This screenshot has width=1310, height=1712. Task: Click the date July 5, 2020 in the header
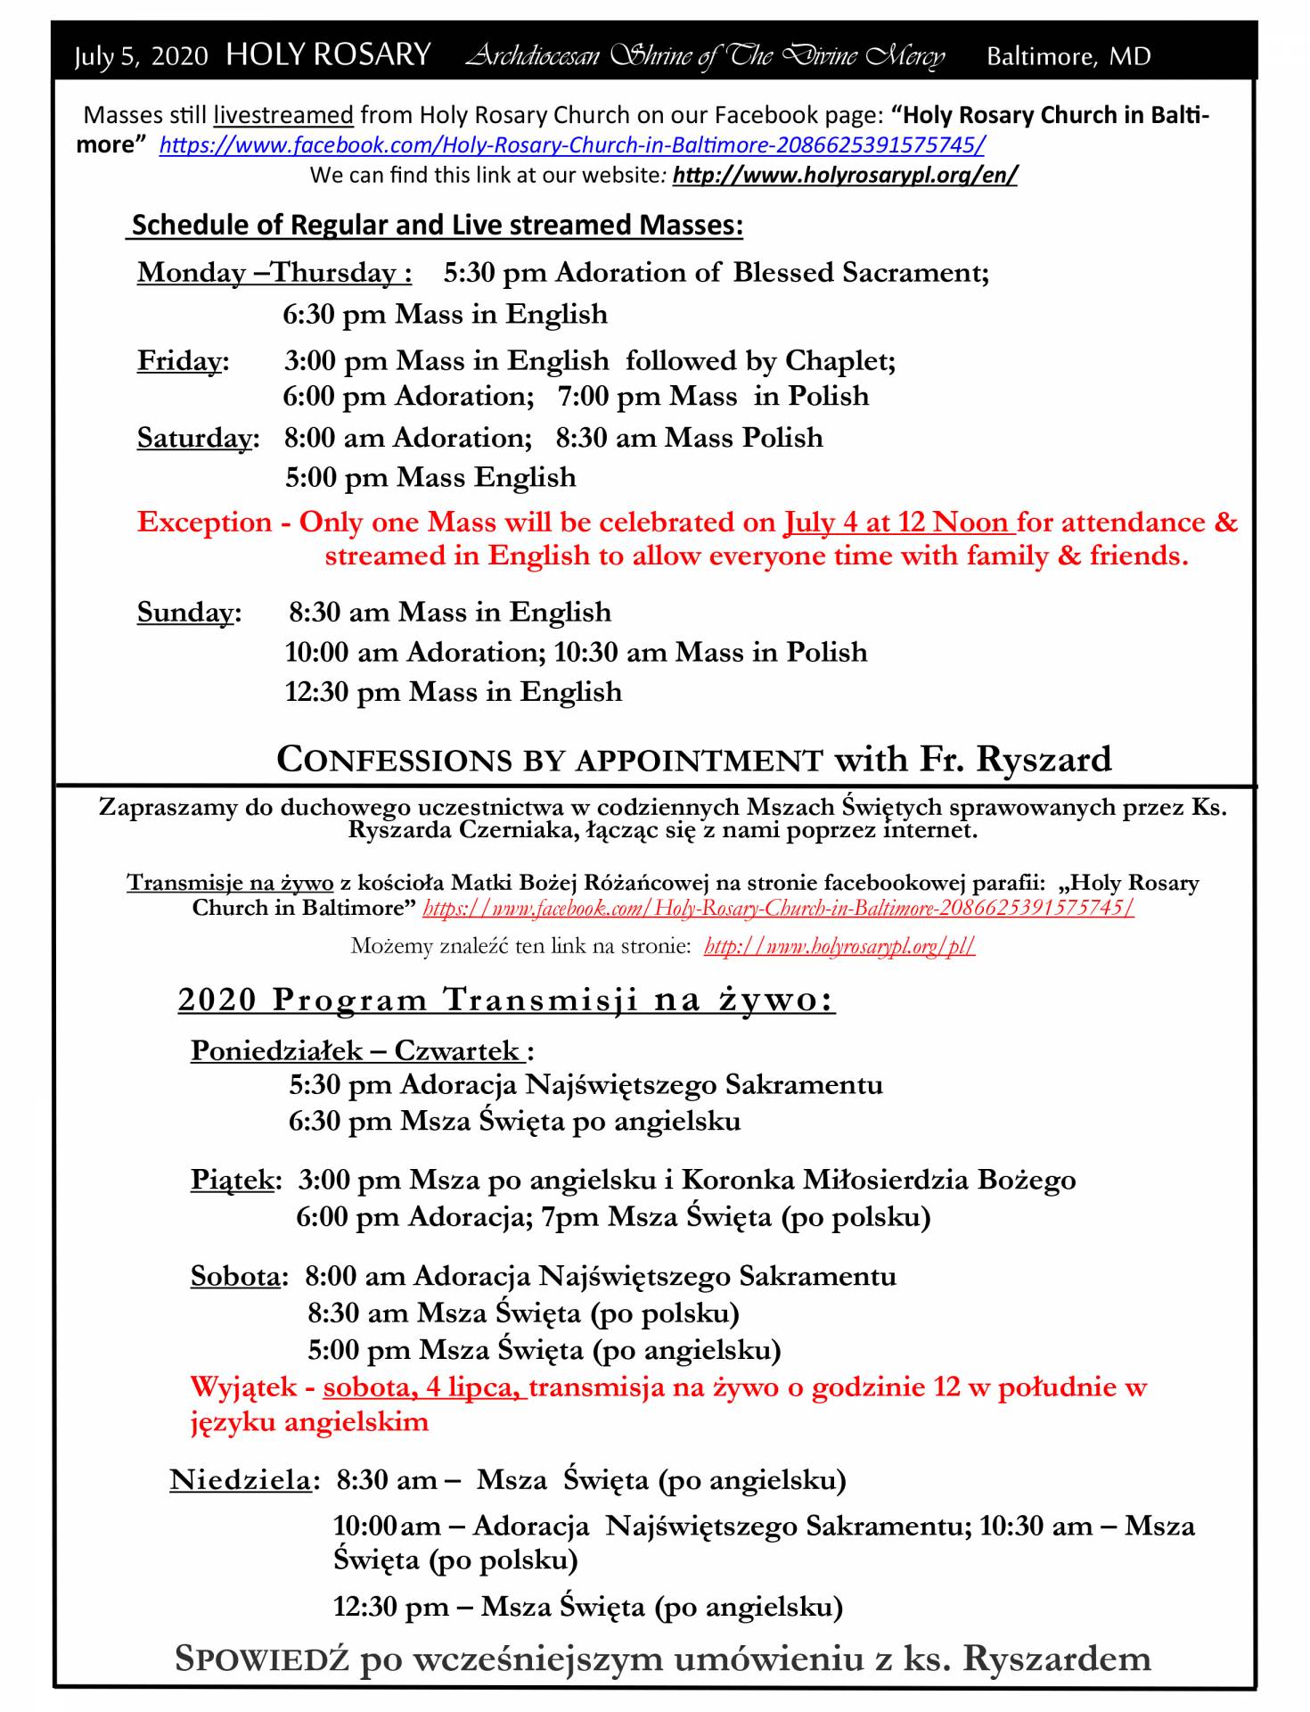141,57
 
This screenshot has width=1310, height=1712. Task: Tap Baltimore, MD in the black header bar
1068,57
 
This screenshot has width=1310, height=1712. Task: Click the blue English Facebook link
572,144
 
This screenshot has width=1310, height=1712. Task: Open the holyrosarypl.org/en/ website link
844,175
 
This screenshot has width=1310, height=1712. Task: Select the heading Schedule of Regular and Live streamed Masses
437,225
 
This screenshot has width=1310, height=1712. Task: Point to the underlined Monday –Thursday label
274,272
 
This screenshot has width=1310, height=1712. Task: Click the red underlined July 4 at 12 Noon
897,522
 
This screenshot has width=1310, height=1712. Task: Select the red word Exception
204,522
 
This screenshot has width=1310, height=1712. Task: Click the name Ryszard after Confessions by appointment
1044,759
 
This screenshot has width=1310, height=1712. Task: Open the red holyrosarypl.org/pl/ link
839,946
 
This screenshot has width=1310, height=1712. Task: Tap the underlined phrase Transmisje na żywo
230,884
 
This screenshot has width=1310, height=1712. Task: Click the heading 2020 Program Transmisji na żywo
506,1000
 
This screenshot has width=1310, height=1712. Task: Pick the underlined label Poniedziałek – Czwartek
357,1050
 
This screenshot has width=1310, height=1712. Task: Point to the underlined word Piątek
231,1181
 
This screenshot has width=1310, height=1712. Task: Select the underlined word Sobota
235,1276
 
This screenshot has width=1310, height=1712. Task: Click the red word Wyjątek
243,1387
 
